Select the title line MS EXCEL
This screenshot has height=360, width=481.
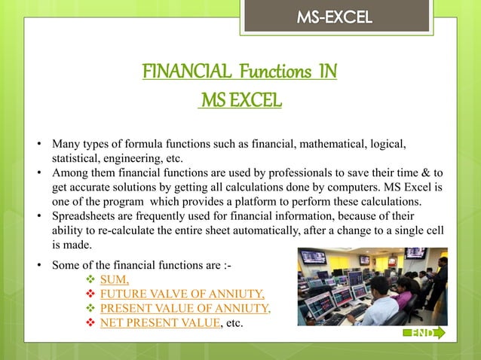coord(240,99)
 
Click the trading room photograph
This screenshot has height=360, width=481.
coord(372,286)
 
